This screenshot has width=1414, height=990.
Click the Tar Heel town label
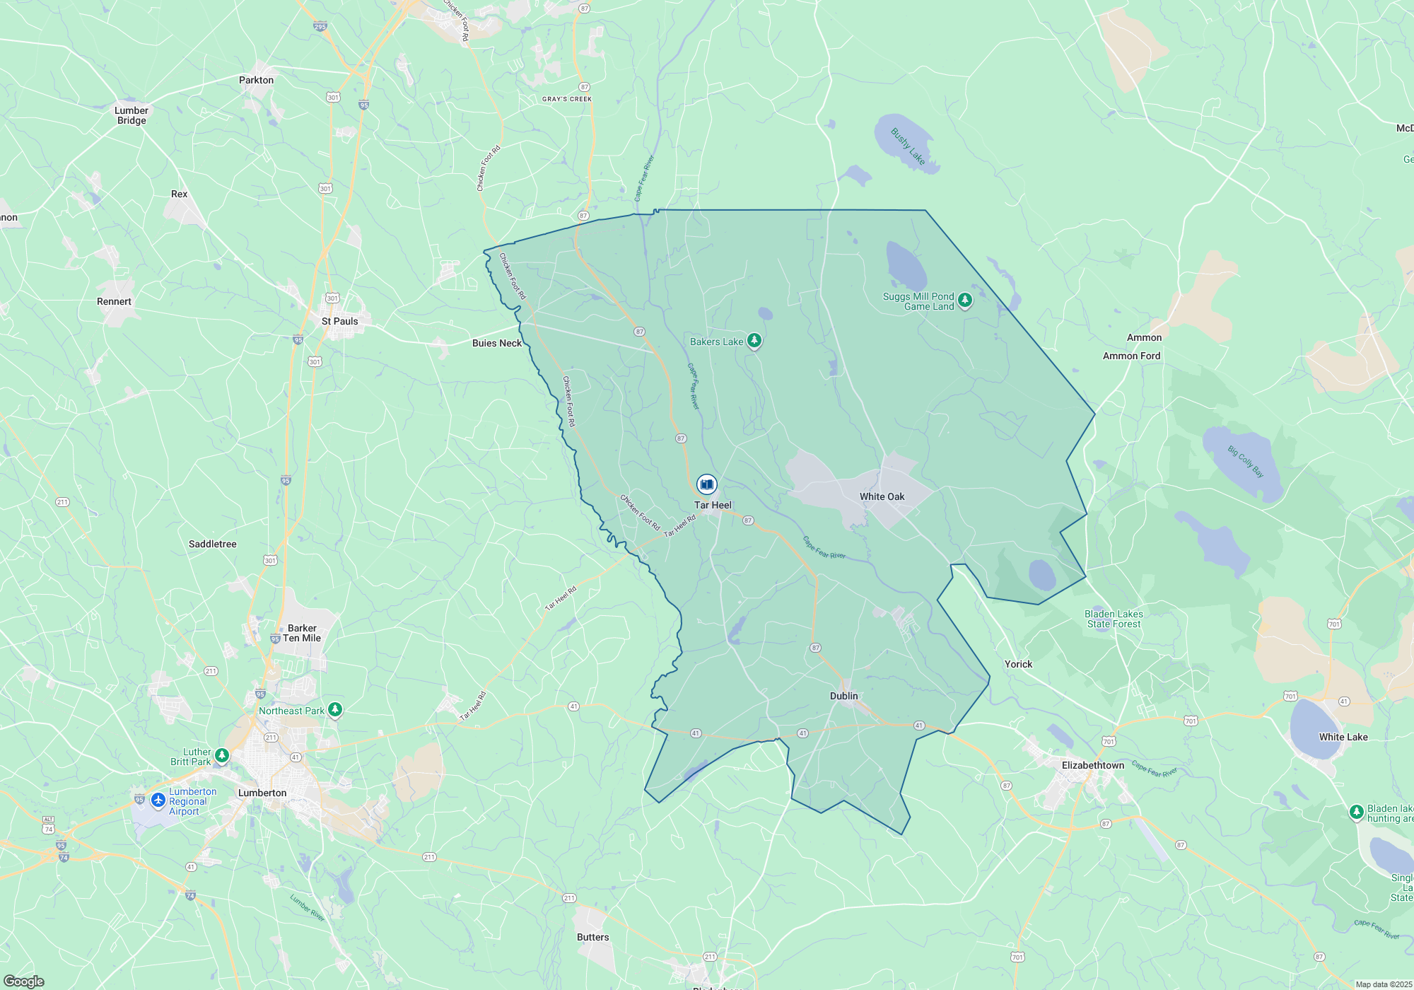click(x=713, y=505)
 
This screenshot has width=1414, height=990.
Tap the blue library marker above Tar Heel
click(x=706, y=484)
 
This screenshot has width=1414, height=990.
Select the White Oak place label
click(x=882, y=496)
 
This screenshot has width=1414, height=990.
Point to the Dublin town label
click(x=843, y=696)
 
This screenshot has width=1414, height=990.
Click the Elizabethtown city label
click(x=1092, y=765)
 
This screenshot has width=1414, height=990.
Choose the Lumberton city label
click(x=262, y=793)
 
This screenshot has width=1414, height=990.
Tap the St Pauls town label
click(x=339, y=321)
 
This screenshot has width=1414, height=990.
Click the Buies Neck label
click(x=496, y=343)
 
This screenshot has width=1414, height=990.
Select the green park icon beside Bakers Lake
click(x=754, y=341)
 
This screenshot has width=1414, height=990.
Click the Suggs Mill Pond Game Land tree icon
click(x=964, y=300)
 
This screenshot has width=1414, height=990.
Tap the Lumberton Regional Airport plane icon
click(x=158, y=800)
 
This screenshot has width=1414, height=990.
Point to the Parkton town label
click(x=256, y=80)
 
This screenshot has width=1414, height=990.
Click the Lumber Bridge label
click(x=132, y=115)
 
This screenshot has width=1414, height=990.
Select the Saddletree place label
click(x=212, y=544)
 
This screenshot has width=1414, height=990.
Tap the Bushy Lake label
click(x=907, y=146)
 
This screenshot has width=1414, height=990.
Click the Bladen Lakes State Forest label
click(x=1114, y=619)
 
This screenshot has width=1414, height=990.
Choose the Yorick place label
click(x=1018, y=664)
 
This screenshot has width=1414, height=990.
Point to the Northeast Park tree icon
click(x=335, y=709)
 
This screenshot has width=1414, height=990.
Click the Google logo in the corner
click(x=24, y=982)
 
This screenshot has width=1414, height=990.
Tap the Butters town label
click(x=592, y=937)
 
